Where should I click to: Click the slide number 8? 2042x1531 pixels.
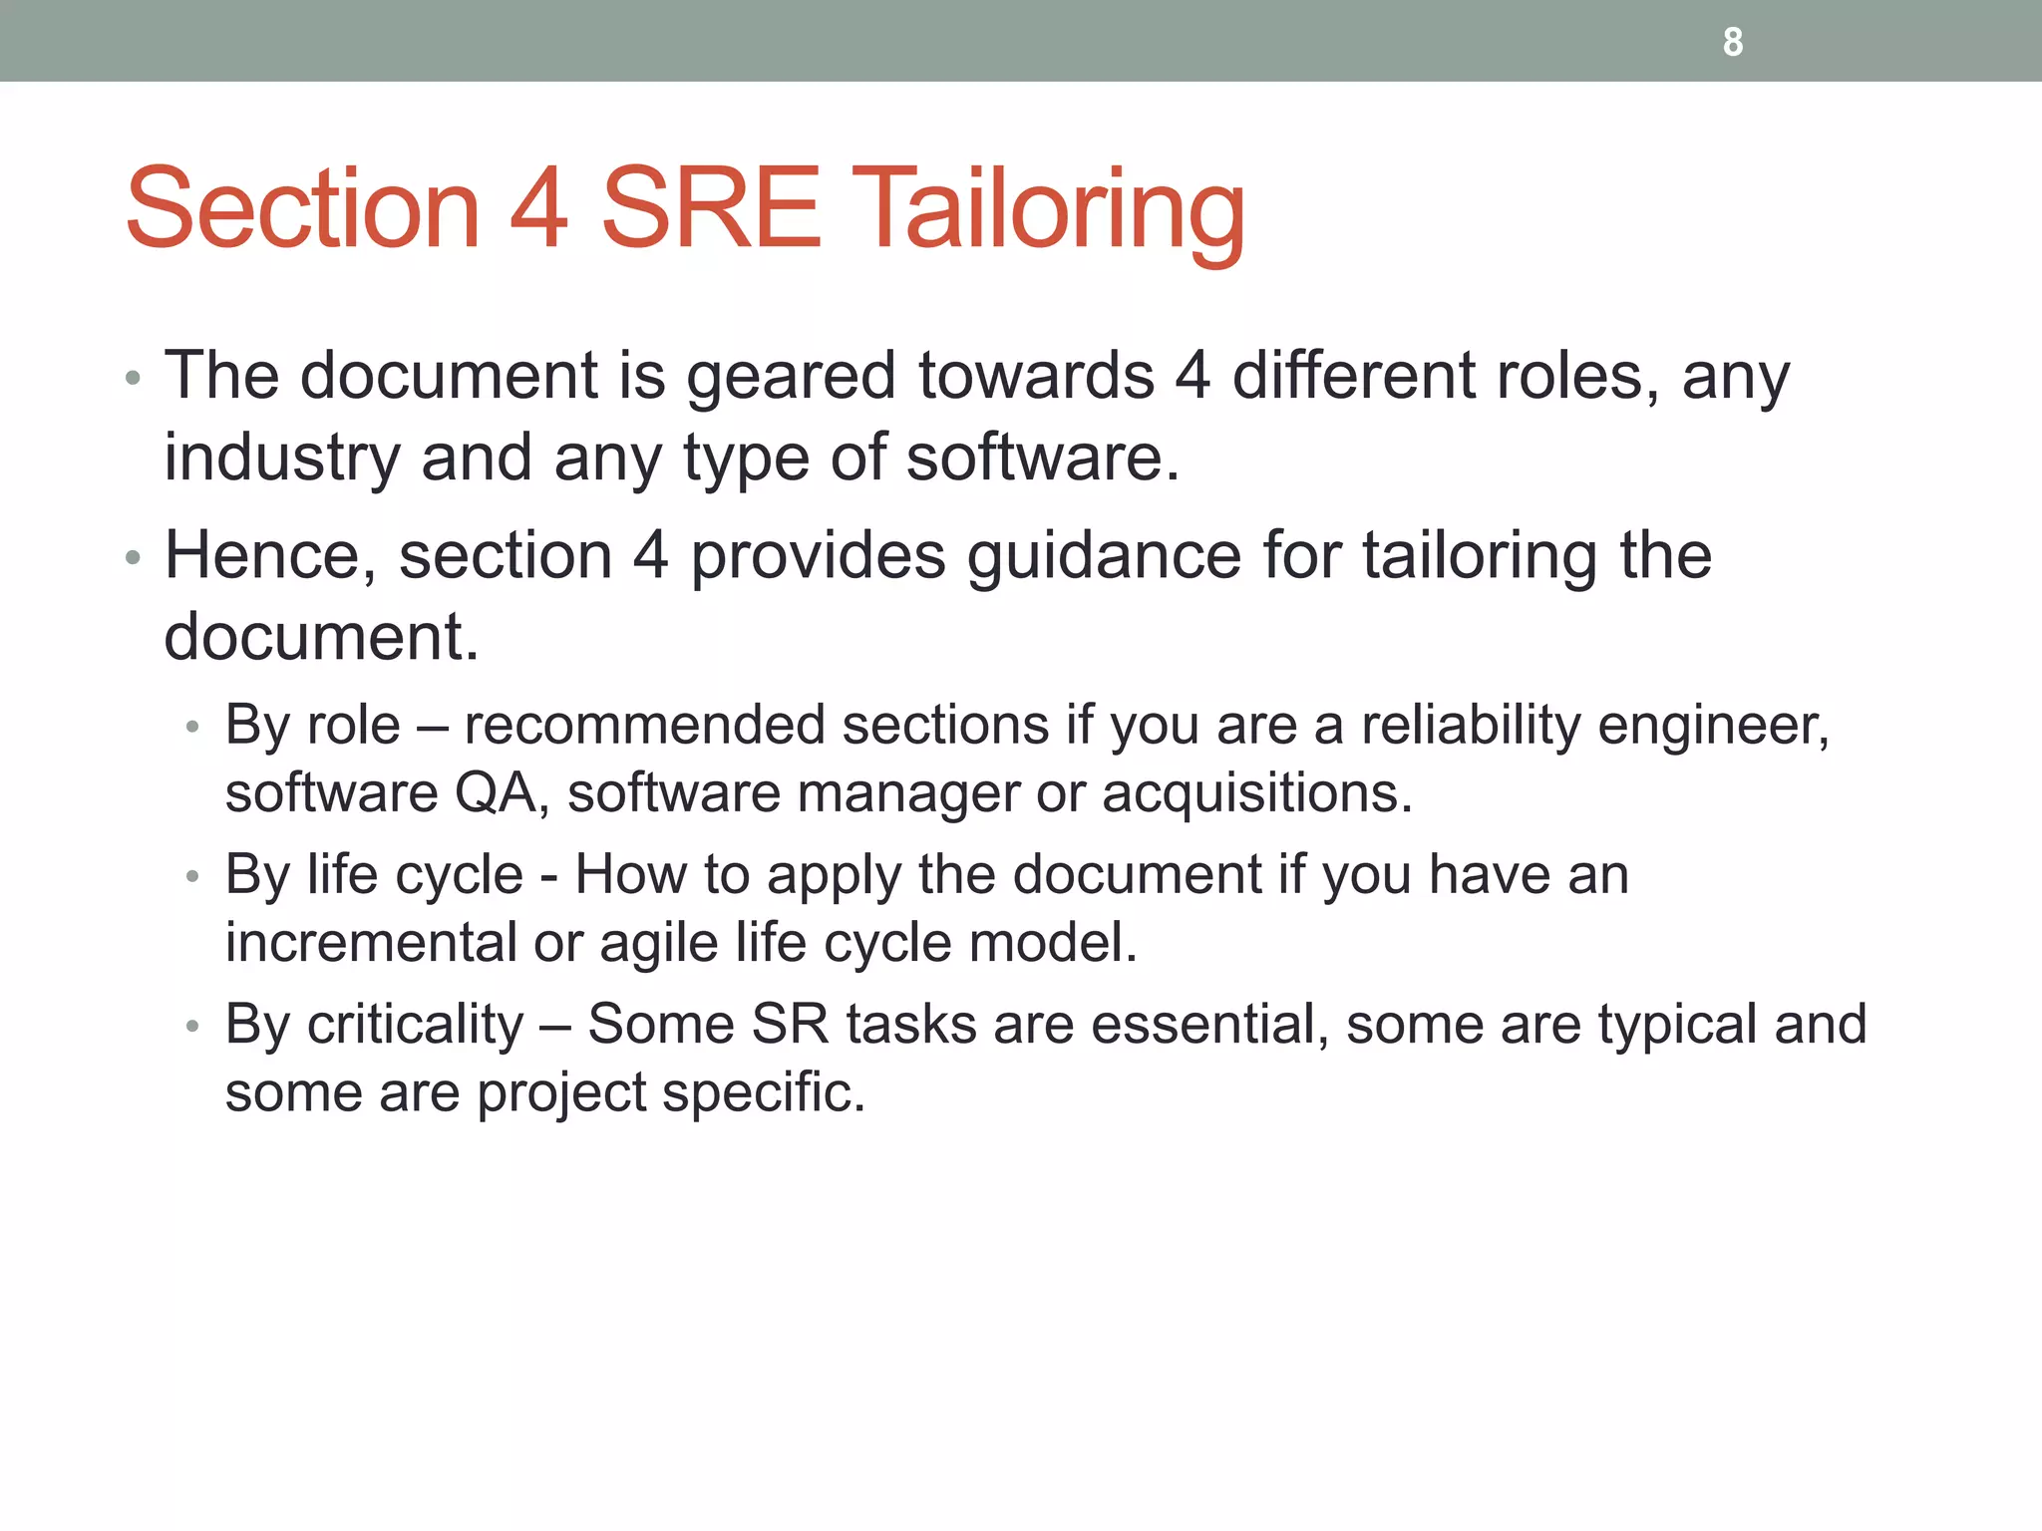pos(1733,42)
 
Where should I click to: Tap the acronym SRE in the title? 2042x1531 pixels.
pos(711,209)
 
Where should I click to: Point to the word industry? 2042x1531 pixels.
pos(281,459)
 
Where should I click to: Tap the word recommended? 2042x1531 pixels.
pos(644,725)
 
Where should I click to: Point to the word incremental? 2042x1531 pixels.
pos(371,943)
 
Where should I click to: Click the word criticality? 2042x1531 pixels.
pos(415,1025)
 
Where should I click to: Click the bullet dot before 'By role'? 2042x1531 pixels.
pos(193,728)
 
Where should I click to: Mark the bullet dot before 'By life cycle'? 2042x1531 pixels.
pos(193,877)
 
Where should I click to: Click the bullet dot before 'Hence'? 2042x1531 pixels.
pos(134,558)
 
